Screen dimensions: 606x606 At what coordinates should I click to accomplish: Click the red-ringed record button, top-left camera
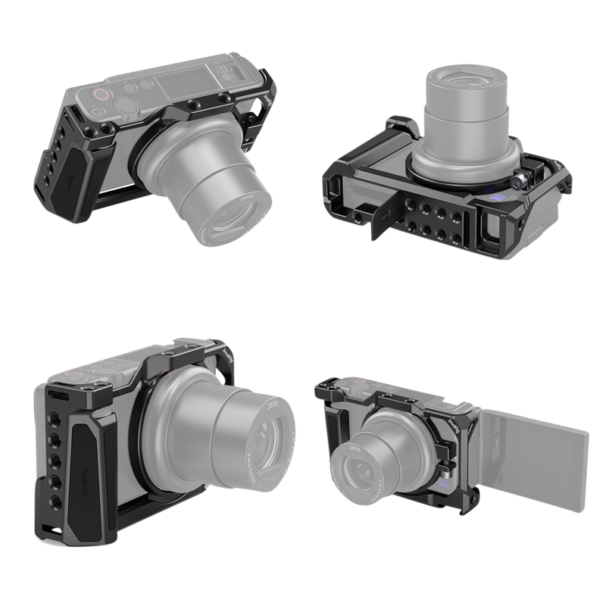coord(99,95)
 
